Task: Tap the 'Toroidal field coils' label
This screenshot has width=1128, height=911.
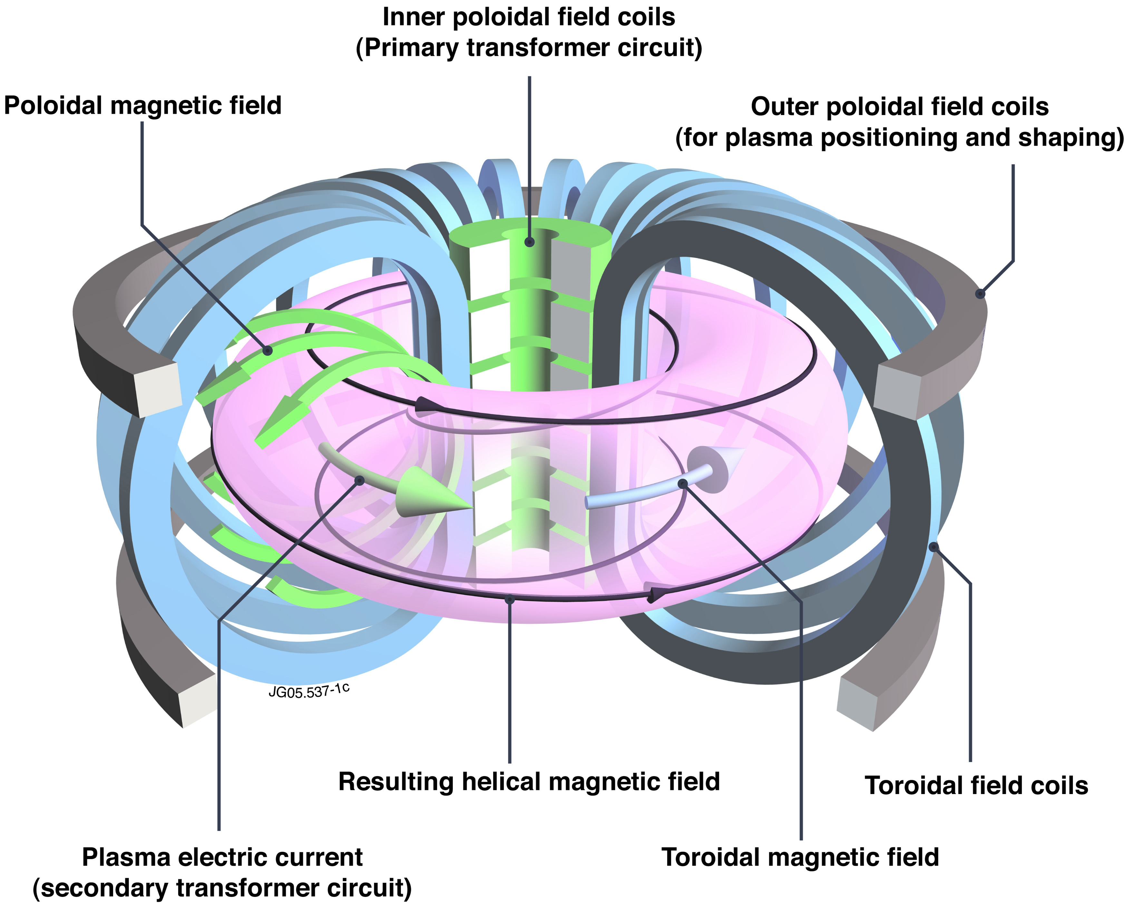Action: point(976,786)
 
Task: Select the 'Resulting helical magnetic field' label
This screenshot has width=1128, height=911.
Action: point(529,782)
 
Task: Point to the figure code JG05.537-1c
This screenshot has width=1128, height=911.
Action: point(309,691)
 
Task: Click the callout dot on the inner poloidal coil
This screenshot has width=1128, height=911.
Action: point(530,242)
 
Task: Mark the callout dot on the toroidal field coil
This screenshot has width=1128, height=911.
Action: point(933,547)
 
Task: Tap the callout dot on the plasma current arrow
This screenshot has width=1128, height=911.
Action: point(360,480)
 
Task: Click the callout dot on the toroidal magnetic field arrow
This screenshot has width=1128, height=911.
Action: point(682,483)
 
